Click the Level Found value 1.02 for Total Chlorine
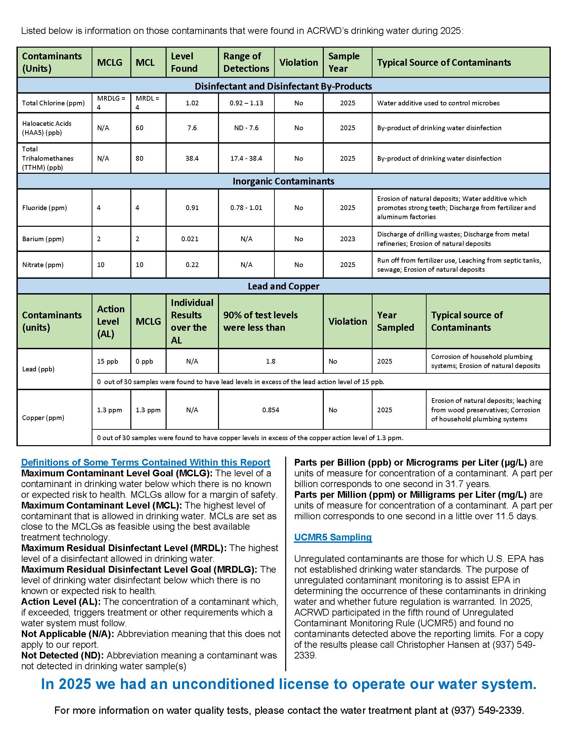192,103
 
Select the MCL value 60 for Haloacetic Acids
139,128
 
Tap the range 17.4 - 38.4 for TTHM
246,158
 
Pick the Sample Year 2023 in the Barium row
347,239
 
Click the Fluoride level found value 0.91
192,207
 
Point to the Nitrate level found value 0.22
192,265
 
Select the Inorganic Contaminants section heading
283,181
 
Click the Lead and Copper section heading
283,286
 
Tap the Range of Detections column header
246,62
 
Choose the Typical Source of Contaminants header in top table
443,62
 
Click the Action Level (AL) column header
111,321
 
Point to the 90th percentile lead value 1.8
270,361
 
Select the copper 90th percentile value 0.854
270,410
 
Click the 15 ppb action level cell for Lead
107,361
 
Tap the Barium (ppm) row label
43,239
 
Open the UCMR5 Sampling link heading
333,537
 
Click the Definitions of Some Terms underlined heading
145,462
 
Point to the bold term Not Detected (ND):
62,655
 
